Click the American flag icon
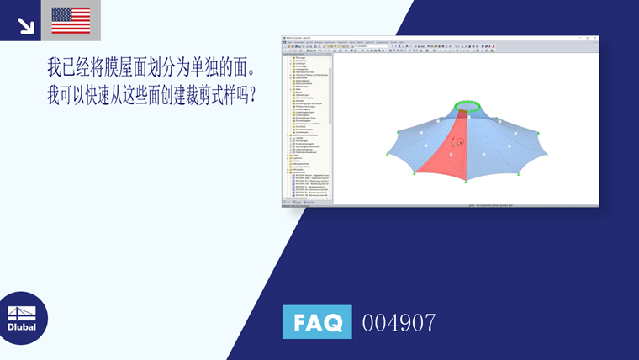tap(71, 20)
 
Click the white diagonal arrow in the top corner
tap(25, 24)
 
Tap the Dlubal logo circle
tap(22, 317)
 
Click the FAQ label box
tap(317, 322)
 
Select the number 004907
tap(399, 322)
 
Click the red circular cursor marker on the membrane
tap(460, 142)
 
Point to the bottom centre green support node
tap(463, 181)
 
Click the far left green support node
tap(386, 154)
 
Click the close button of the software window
tap(594, 38)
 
